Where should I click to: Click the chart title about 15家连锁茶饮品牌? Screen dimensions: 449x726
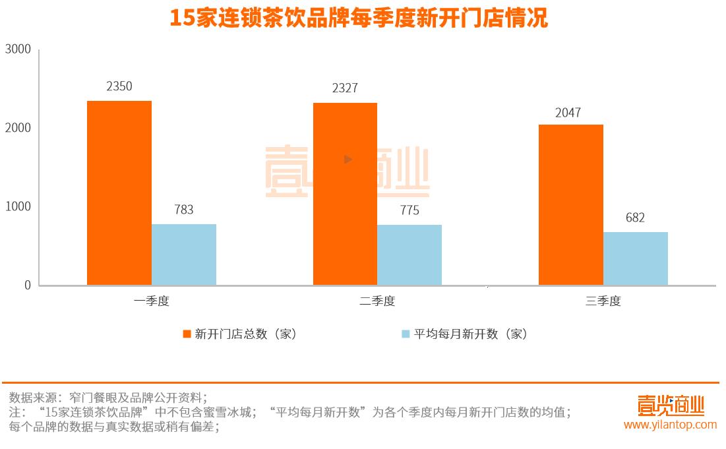(x=359, y=18)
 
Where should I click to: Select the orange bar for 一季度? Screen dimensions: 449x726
(x=119, y=193)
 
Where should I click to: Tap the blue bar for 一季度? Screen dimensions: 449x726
(x=184, y=254)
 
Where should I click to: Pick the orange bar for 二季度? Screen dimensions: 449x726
(x=345, y=194)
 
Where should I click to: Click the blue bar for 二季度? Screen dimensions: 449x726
(x=409, y=255)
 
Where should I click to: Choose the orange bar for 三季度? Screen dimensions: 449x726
(x=571, y=204)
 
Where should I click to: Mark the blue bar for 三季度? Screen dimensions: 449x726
(x=636, y=258)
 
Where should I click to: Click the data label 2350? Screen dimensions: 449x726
(x=119, y=86)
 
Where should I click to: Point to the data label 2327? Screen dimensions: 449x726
(x=345, y=88)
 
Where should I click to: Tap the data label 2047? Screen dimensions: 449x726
(x=568, y=113)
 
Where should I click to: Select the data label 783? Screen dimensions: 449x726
(x=184, y=210)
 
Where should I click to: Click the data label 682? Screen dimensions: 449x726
(x=635, y=218)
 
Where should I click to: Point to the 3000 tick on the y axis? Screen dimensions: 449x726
(x=18, y=49)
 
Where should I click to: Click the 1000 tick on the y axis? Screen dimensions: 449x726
(x=18, y=207)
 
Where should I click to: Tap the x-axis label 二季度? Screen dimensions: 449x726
(x=377, y=301)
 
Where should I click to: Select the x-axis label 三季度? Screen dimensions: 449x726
(x=603, y=301)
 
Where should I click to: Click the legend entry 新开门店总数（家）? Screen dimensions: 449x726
(x=240, y=334)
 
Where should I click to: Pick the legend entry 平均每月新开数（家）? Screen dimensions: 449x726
(x=464, y=334)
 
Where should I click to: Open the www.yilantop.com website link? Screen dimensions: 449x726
(x=670, y=425)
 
